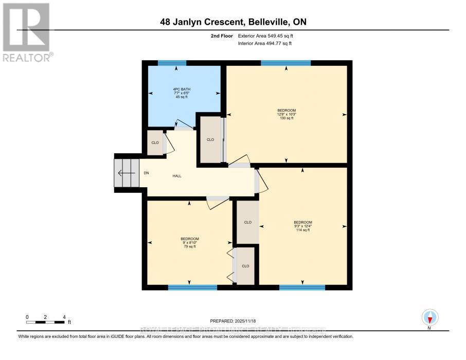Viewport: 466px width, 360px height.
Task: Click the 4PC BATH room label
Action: [x=184, y=89]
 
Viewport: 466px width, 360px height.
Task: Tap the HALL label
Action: [x=176, y=176]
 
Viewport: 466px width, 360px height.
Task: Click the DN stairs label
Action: [x=146, y=173]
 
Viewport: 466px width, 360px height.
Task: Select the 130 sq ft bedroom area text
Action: [x=286, y=118]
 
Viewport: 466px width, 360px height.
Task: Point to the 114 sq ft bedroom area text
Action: [x=302, y=230]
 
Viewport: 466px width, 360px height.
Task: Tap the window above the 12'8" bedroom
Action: [x=285, y=63]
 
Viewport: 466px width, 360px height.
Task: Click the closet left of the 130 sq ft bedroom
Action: [x=210, y=139]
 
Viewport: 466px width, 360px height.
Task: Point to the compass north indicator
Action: [x=429, y=318]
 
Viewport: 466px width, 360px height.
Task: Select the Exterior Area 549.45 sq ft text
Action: [x=265, y=36]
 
